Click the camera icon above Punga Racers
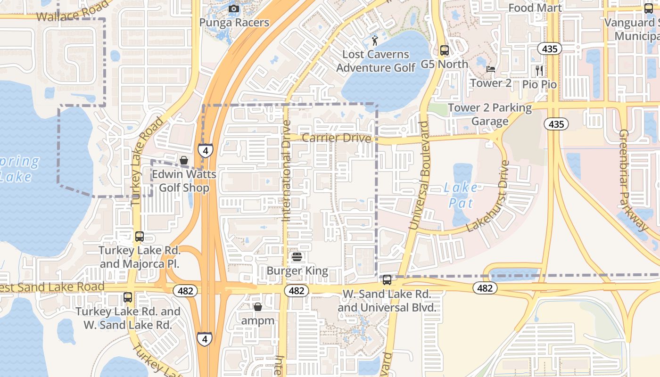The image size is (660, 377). [x=233, y=8]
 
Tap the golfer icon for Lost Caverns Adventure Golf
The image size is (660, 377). [x=375, y=40]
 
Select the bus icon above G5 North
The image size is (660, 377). [x=444, y=50]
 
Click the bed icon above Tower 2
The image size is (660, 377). [x=491, y=69]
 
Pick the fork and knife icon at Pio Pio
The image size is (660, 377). [x=539, y=71]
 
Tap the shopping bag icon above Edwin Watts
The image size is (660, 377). [x=184, y=160]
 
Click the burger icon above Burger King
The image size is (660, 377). [x=297, y=257]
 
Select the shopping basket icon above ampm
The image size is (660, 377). [x=257, y=307]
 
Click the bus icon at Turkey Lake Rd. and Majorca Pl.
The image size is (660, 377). [x=139, y=237]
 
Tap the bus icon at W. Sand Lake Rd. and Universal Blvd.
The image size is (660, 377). [x=387, y=280]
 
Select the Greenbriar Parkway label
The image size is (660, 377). [x=634, y=180]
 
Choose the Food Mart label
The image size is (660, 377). [x=535, y=8]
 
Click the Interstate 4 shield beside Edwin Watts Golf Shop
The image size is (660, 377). [x=205, y=150]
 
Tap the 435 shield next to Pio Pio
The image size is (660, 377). [x=550, y=49]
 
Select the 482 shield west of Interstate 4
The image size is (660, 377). [x=185, y=291]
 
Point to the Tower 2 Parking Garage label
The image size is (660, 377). [x=490, y=115]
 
